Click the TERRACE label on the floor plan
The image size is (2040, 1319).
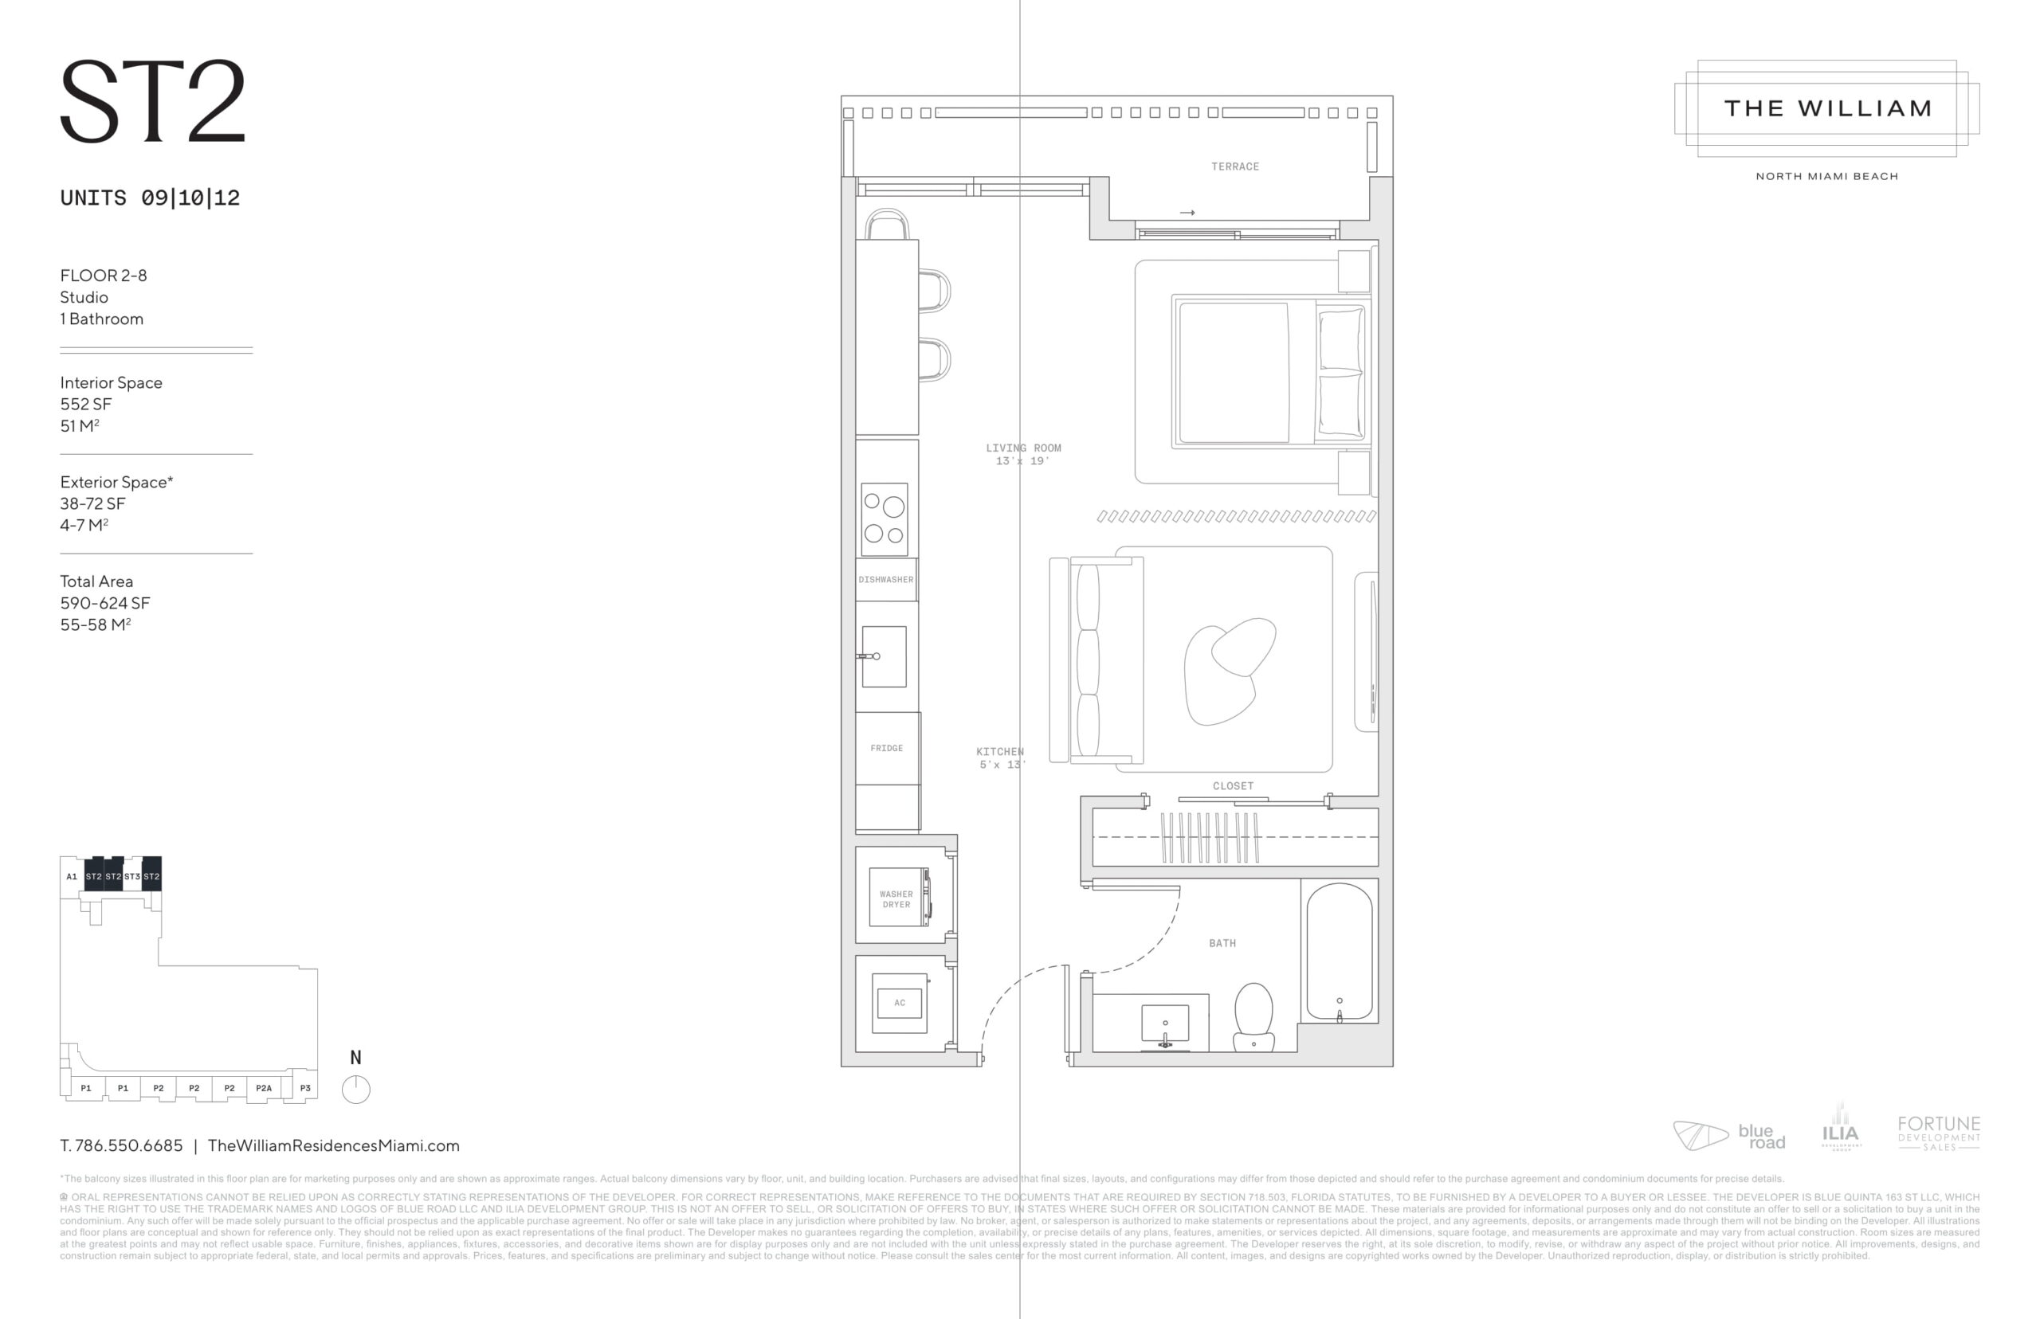click(x=1234, y=167)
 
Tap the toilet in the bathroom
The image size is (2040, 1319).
click(x=1253, y=1016)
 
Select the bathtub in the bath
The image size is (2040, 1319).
click(x=1340, y=952)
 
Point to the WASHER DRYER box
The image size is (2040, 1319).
click(x=897, y=898)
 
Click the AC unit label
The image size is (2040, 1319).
click(x=900, y=1003)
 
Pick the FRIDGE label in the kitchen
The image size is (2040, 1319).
click(x=887, y=749)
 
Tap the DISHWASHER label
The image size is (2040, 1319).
click(x=886, y=580)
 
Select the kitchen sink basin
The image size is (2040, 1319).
click(x=885, y=657)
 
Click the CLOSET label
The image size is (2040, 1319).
click(x=1233, y=786)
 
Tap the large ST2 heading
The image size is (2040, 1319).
click(x=153, y=102)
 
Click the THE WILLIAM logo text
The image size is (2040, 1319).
click(x=1827, y=109)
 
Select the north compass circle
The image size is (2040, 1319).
click(x=355, y=1090)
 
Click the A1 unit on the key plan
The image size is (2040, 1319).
click(x=72, y=876)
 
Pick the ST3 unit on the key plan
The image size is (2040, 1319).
click(x=132, y=876)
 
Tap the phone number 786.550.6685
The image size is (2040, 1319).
click(x=128, y=1146)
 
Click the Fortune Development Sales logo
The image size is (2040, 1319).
click(x=1938, y=1133)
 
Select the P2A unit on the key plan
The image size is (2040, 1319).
click(x=264, y=1089)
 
